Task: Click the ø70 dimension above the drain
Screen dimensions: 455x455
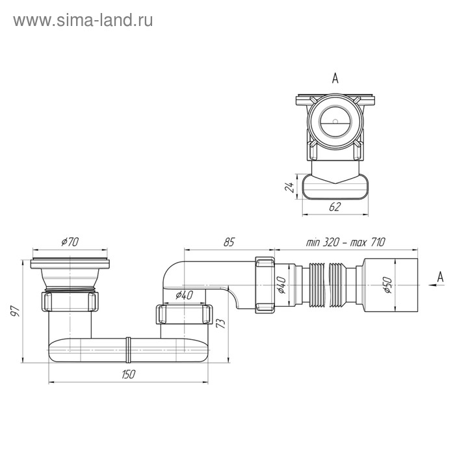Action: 70,243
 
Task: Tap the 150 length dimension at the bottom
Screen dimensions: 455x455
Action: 127,374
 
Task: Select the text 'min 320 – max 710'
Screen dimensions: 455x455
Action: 346,242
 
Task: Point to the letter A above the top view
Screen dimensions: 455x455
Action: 335,79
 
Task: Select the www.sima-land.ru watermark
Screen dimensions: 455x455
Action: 83,21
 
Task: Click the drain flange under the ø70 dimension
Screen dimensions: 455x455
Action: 70,263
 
